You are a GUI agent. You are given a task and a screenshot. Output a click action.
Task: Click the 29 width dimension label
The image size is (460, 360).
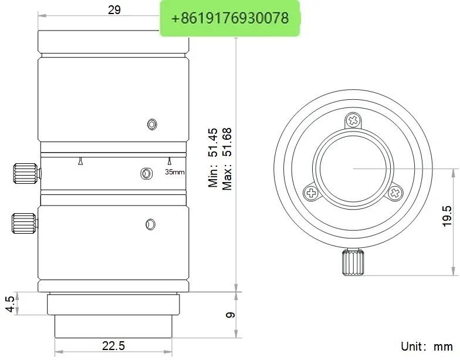click(x=114, y=10)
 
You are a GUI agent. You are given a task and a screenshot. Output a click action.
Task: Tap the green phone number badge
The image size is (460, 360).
click(x=230, y=18)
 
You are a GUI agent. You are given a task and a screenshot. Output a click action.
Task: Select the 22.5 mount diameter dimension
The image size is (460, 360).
click(x=113, y=345)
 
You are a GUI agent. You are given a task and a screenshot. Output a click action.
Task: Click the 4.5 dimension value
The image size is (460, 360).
click(x=9, y=304)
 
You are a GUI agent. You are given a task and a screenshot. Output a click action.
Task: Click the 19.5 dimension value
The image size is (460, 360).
click(x=447, y=216)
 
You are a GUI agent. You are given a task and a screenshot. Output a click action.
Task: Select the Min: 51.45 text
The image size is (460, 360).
click(x=214, y=157)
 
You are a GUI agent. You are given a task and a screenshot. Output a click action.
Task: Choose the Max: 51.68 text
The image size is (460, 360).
click(x=227, y=159)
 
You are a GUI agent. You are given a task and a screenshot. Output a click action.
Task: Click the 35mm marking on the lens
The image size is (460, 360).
click(x=175, y=172)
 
